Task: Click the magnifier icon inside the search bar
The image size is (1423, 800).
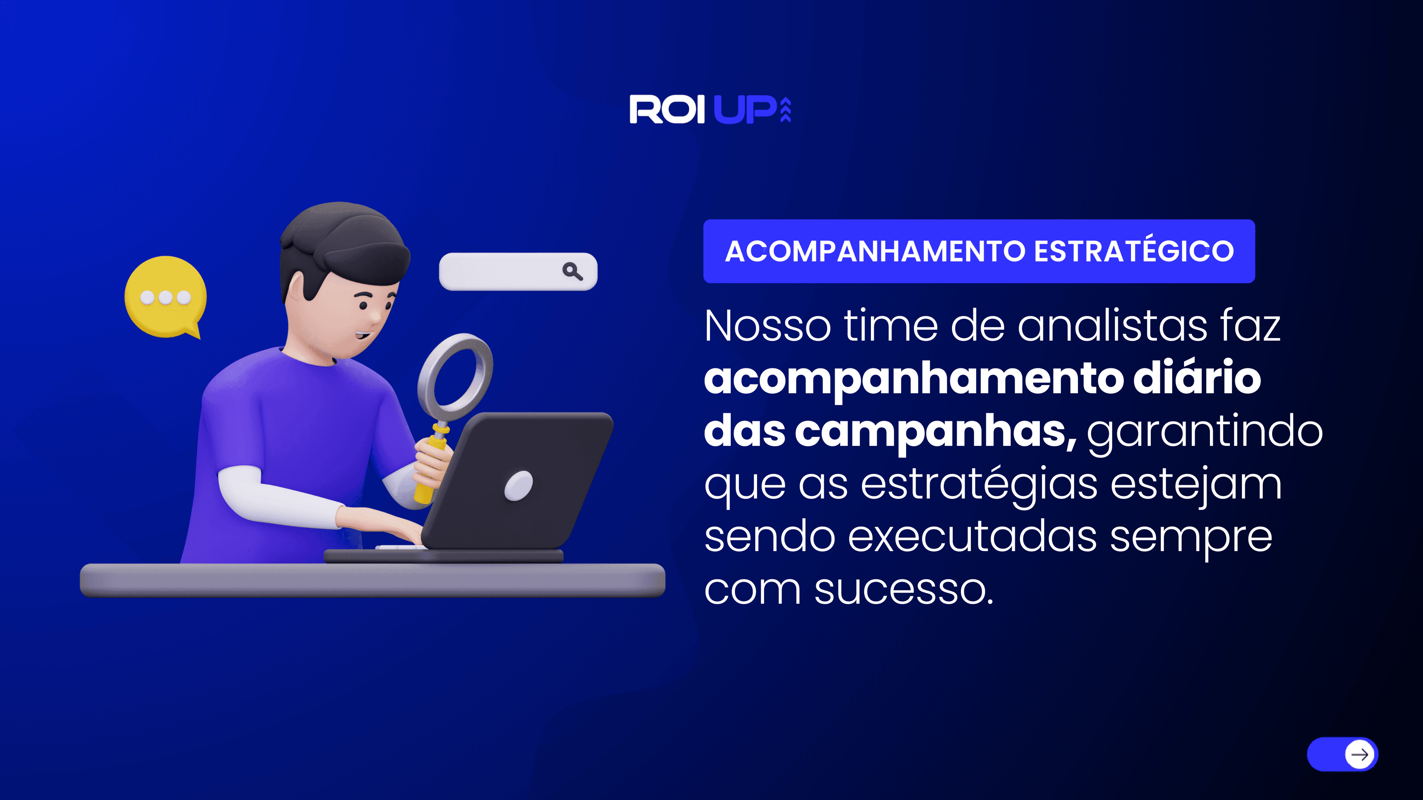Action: point(572,271)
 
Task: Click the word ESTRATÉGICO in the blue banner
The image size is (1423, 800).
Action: point(1134,251)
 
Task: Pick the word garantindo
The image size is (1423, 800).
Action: point(1205,432)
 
